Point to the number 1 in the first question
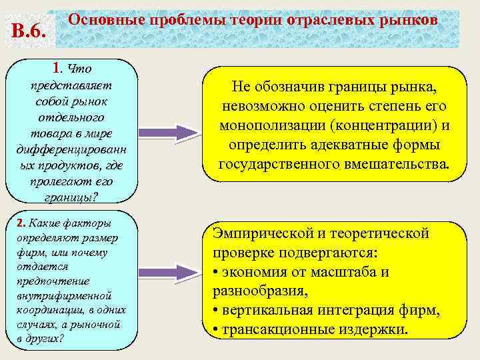coord(57,67)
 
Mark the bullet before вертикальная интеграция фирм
coord(216,311)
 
